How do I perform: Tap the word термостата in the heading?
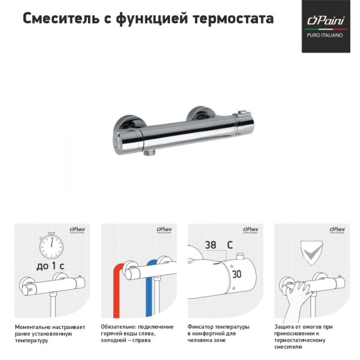[238, 19]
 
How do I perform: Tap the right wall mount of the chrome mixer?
[199, 114]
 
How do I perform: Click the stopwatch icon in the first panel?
[52, 246]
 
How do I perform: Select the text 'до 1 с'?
[53, 267]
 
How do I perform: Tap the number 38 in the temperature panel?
[211, 245]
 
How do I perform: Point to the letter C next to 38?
[229, 245]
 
